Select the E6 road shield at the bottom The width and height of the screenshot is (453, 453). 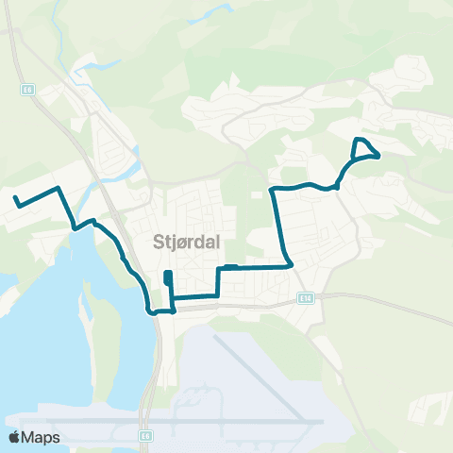click(144, 436)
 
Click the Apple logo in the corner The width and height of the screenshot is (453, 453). click(15, 437)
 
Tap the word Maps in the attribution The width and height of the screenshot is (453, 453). click(41, 437)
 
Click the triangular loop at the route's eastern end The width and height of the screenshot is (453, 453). click(364, 148)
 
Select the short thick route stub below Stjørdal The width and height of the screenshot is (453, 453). click(167, 277)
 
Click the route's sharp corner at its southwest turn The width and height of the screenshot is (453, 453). click(149, 310)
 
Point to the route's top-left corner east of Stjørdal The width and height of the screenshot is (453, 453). click(273, 190)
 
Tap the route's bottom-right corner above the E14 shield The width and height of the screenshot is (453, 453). click(289, 266)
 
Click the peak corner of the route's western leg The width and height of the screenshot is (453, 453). click(59, 189)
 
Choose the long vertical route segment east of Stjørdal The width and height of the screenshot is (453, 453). click(280, 226)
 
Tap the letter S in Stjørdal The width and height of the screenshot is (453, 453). click(158, 242)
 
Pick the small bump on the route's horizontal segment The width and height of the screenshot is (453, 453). click(231, 267)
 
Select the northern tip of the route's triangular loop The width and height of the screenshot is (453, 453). click(357, 140)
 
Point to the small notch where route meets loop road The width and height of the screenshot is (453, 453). click(336, 187)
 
